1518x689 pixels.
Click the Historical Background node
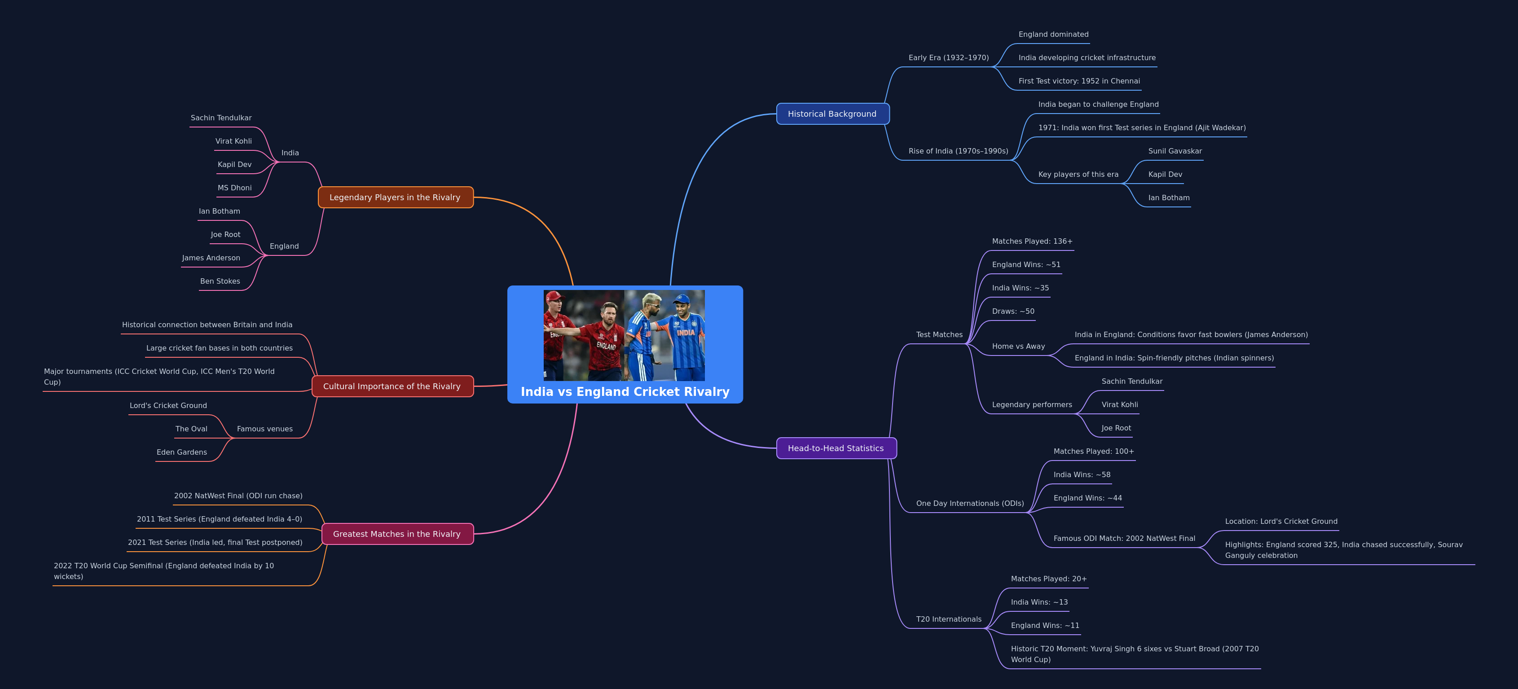[x=832, y=114]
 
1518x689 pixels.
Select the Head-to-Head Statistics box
[x=836, y=448]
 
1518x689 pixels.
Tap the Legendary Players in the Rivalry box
[x=395, y=197]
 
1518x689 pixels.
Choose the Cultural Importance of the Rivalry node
[x=392, y=386]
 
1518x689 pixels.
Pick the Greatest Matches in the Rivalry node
[x=396, y=534]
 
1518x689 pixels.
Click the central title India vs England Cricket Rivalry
[x=625, y=391]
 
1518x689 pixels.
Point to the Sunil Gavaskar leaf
[x=1175, y=151]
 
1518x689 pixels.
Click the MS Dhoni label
[x=234, y=188]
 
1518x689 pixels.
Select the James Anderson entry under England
[x=211, y=258]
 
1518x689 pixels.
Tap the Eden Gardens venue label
[x=181, y=452]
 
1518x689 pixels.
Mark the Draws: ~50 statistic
[x=1013, y=312]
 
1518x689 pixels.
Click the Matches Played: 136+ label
[x=1032, y=241]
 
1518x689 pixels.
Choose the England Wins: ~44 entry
[x=1087, y=498]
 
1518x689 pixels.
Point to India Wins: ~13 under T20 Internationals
[x=1039, y=602]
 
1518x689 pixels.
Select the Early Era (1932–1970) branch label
[x=948, y=58]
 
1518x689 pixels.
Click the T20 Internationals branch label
[x=948, y=619]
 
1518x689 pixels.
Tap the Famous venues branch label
[x=264, y=429]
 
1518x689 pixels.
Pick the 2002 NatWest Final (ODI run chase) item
[x=238, y=496]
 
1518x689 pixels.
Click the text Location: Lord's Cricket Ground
[x=1280, y=522]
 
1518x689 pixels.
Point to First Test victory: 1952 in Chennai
[x=1078, y=81]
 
